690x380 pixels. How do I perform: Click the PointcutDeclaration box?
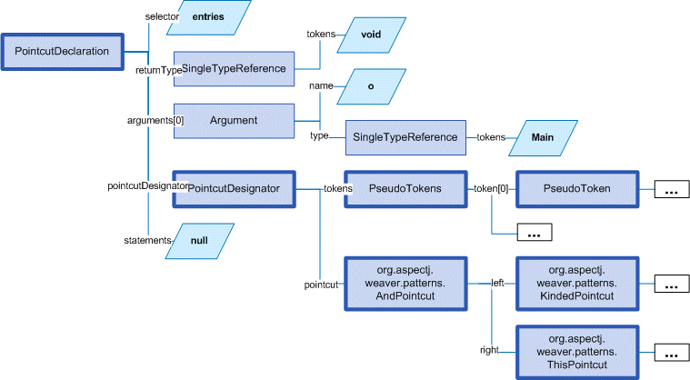pyautogui.click(x=62, y=52)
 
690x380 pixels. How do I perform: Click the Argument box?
pyautogui.click(x=234, y=120)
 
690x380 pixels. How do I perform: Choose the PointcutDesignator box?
pyautogui.click(x=234, y=189)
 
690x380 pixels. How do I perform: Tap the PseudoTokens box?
pyautogui.click(x=405, y=189)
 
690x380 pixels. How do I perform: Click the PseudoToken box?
pyautogui.click(x=576, y=189)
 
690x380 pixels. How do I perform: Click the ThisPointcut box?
pyautogui.click(x=576, y=351)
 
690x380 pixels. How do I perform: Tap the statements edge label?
pyautogui.click(x=146, y=240)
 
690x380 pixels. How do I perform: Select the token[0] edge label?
pyautogui.click(x=491, y=189)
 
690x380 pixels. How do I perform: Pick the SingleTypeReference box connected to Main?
pyautogui.click(x=405, y=137)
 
